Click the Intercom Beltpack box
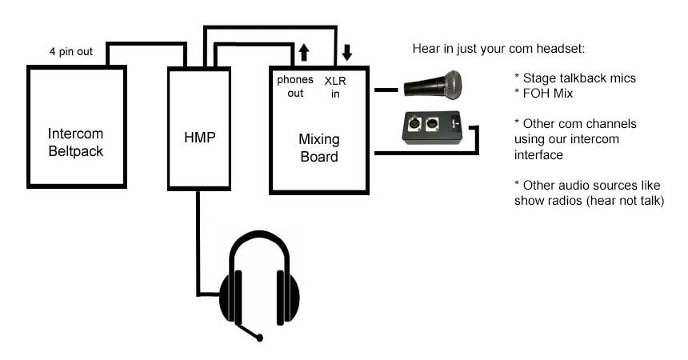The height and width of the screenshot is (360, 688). tap(77, 127)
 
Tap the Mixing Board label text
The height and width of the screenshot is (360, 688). tap(318, 149)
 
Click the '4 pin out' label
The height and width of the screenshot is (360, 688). tap(70, 52)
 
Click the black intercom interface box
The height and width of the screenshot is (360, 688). tap(431, 127)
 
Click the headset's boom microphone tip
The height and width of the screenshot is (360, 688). tap(260, 338)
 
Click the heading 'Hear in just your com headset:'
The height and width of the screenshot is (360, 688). tap(499, 49)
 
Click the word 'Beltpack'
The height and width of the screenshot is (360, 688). tap(77, 150)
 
